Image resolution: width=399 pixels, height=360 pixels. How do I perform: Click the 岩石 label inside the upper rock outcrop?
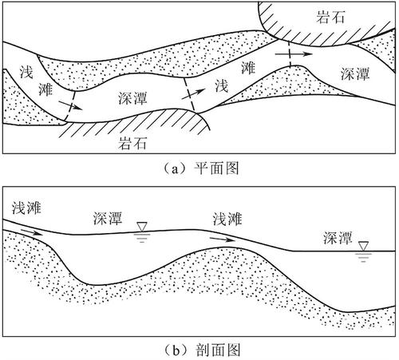[330, 17]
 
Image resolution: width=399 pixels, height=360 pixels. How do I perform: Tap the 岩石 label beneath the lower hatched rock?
[132, 144]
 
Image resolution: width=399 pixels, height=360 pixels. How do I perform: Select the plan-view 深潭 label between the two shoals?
[132, 98]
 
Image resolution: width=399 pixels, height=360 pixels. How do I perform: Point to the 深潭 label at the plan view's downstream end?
[355, 73]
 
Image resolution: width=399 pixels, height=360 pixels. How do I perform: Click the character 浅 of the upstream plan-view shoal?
[26, 72]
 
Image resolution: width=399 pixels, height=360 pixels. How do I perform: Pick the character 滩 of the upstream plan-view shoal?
[45, 89]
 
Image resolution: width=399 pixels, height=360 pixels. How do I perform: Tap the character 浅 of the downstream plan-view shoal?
[222, 85]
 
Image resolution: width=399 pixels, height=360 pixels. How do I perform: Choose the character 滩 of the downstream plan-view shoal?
[248, 67]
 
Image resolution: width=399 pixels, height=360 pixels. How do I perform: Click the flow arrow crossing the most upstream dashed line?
[71, 105]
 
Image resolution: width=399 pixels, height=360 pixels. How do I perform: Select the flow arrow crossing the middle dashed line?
[193, 94]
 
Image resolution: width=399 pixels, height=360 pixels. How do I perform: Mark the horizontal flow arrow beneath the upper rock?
[294, 54]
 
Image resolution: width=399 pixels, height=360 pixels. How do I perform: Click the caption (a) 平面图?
[200, 168]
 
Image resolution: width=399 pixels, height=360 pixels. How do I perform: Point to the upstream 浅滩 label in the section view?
[26, 208]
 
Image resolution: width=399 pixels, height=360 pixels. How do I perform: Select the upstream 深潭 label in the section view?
[108, 218]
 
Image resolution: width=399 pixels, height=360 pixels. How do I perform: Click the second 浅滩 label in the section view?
[227, 219]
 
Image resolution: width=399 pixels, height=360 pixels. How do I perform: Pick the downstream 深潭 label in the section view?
[338, 238]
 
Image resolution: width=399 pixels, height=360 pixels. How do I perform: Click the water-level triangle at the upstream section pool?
[142, 227]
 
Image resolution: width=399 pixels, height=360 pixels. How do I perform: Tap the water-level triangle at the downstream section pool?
[363, 246]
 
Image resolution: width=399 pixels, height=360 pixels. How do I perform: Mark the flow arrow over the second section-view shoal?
[223, 239]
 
